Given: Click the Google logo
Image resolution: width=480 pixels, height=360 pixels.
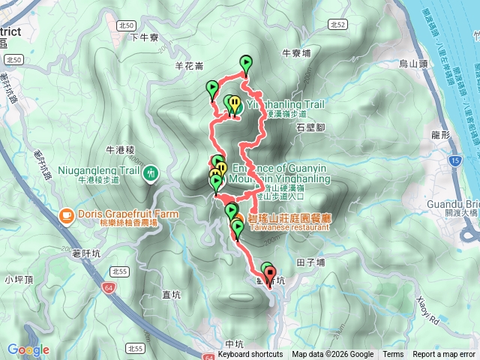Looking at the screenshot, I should pyautogui.click(x=28, y=349).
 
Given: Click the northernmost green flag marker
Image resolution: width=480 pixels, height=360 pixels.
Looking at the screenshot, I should pyautogui.click(x=245, y=63).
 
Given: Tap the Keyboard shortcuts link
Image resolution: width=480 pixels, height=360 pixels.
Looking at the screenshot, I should pyautogui.click(x=250, y=355).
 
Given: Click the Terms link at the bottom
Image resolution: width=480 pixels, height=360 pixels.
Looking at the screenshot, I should pyautogui.click(x=393, y=355).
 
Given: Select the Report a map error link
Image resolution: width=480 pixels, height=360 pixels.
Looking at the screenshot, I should pyautogui.click(x=444, y=355).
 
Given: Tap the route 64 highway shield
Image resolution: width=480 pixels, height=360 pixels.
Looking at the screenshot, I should pyautogui.click(x=109, y=286).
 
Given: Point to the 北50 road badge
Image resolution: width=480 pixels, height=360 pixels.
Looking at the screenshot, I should pyautogui.click(x=12, y=58).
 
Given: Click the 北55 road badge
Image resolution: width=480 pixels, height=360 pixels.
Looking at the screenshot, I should pyautogui.click(x=136, y=348).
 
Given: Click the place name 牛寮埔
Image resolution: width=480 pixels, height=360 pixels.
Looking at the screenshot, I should pyautogui.click(x=295, y=53).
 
